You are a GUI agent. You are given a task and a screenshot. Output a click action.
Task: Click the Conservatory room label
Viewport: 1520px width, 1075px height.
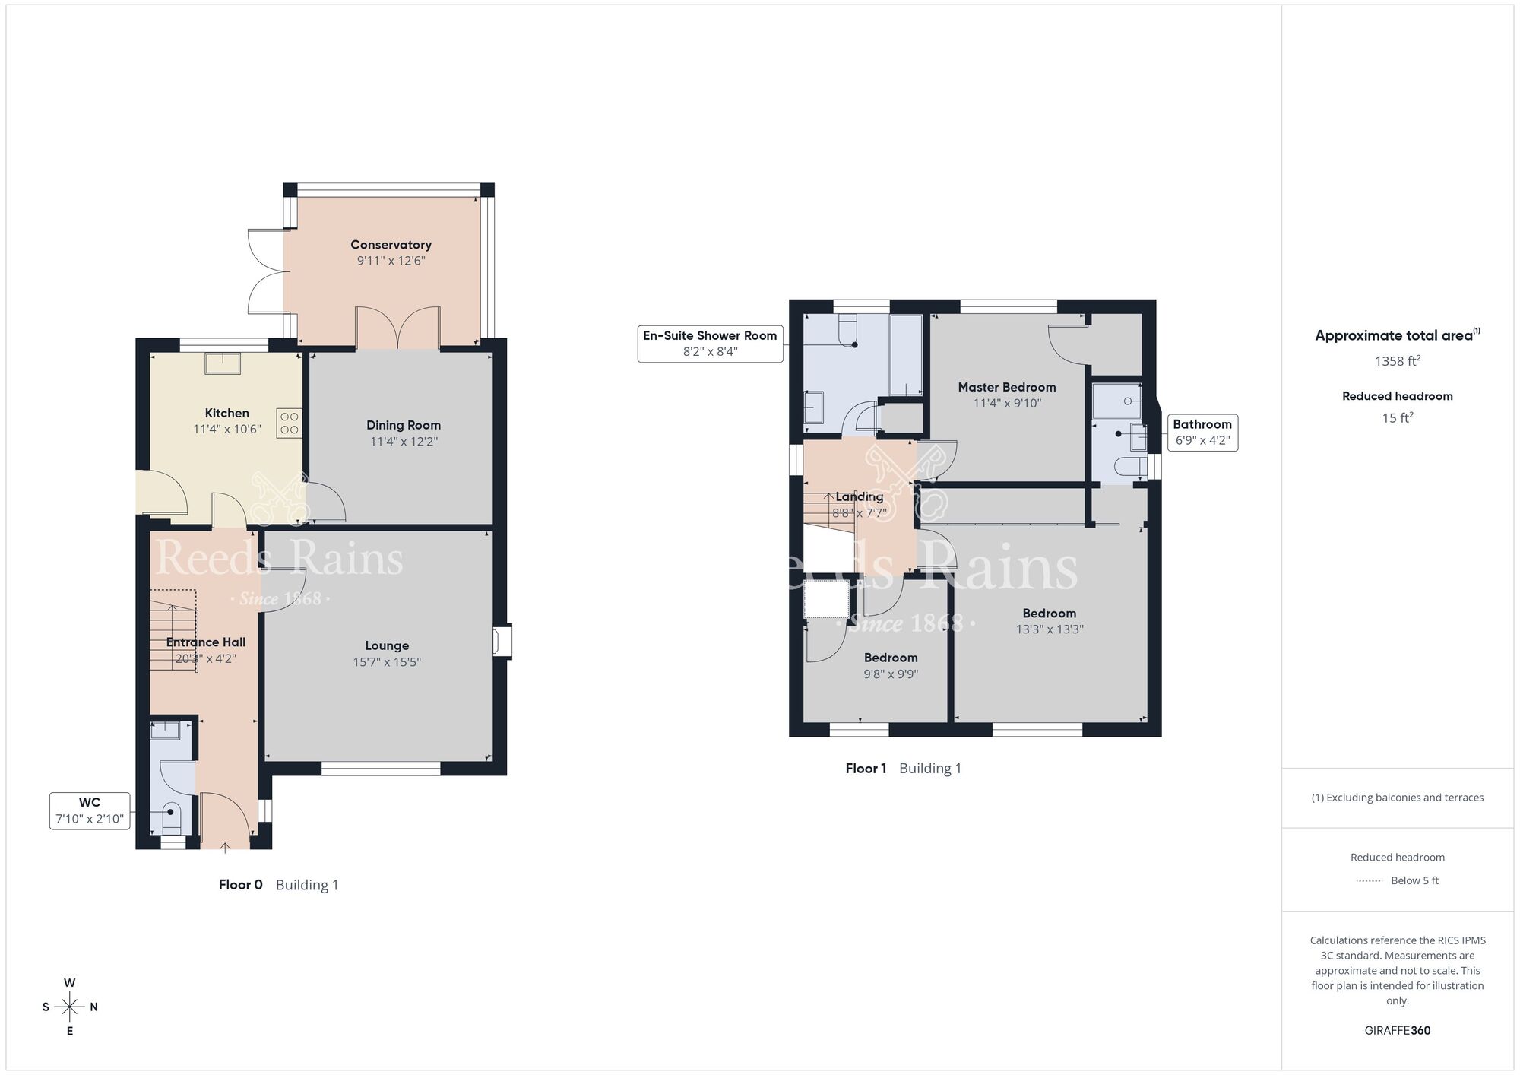click(391, 245)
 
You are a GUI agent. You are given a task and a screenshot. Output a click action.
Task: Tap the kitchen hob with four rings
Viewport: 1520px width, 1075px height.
click(290, 423)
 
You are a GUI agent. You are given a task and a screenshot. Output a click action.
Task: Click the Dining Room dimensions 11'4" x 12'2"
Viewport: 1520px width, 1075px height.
click(403, 442)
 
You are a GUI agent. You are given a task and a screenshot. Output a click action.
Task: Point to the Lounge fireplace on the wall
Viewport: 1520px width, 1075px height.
click(502, 641)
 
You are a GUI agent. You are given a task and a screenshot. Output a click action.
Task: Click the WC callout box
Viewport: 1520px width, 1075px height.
click(90, 810)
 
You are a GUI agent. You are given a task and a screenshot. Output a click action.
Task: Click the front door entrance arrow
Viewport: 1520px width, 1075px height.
click(225, 847)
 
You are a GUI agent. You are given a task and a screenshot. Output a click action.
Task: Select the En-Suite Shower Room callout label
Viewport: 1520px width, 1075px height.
click(710, 343)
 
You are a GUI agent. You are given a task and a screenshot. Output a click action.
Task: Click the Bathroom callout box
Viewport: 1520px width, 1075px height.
click(1202, 432)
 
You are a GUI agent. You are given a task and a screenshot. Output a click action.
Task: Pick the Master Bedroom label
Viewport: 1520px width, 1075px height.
click(1006, 387)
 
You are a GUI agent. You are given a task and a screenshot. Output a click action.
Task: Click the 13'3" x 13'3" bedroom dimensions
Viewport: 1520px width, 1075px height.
click(1049, 629)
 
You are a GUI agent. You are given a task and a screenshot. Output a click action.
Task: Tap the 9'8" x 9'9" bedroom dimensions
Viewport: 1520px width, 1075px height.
click(891, 674)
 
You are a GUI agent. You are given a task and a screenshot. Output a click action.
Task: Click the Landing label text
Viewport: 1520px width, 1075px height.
click(860, 496)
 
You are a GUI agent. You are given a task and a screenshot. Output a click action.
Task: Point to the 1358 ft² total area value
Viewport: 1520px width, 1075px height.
click(1397, 361)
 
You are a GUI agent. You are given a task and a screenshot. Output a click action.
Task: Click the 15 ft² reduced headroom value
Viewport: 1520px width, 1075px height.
click(1397, 417)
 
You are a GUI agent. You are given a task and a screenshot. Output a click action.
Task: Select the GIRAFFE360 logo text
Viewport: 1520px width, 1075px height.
click(1397, 1031)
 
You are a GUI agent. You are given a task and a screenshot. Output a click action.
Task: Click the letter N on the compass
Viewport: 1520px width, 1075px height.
click(94, 1007)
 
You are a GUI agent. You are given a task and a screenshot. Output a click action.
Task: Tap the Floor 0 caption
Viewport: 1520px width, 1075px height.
click(240, 885)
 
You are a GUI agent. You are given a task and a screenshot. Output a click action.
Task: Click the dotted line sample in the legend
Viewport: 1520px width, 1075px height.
click(1370, 881)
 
